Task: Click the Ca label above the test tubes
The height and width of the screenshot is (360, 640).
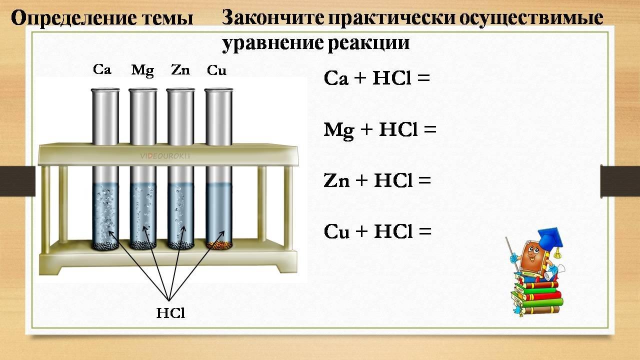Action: pos(102,69)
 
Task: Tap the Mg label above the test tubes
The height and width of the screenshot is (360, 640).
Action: pos(142,70)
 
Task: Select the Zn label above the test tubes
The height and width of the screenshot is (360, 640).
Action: pos(180,69)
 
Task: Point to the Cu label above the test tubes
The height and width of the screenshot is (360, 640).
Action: pos(216,70)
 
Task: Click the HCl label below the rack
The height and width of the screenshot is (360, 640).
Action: pos(170,313)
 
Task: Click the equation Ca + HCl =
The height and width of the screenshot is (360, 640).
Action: pos(377,78)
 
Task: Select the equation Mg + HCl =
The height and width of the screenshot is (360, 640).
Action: pos(380,130)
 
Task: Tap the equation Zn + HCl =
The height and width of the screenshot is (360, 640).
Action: pos(377,180)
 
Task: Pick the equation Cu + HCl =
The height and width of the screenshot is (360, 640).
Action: pos(377,231)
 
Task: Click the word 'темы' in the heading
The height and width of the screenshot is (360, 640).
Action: pos(168,18)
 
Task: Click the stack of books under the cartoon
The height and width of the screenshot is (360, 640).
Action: pos(537,297)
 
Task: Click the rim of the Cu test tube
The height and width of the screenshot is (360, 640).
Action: pos(219,90)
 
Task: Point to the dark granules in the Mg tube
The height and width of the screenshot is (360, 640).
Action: pos(143,245)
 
